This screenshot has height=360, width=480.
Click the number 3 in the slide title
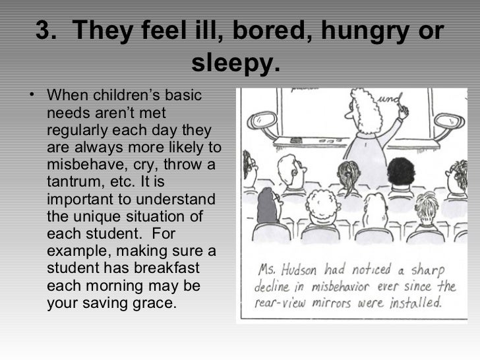43,31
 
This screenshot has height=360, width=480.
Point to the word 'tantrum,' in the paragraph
74,181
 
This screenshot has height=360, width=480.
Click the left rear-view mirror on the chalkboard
262,120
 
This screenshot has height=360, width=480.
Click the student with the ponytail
348,175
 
